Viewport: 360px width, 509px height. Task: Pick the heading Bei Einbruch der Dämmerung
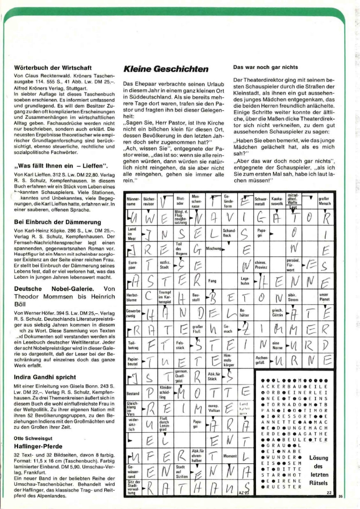coord(58,222)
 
